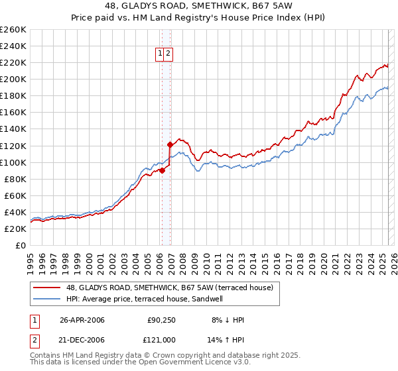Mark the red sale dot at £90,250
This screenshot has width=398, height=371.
point(162,170)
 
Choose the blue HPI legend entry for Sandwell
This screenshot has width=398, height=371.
point(144,299)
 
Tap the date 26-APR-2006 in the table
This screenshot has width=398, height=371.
point(82,320)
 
